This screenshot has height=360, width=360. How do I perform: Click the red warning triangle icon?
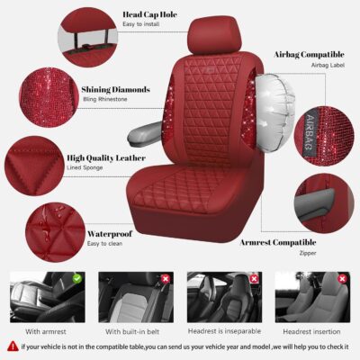[x=12, y=345]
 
